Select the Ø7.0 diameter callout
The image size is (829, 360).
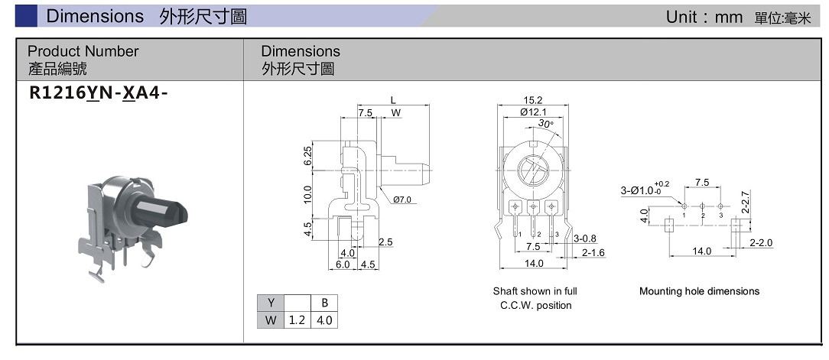point(403,200)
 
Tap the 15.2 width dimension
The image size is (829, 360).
point(533,100)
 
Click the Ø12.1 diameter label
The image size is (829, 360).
point(533,112)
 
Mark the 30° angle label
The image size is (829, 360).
point(545,124)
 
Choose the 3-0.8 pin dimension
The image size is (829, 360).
point(585,239)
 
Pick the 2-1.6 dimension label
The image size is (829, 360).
point(593,252)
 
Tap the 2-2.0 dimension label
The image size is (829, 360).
point(761,243)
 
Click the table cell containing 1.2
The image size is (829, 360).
point(297,320)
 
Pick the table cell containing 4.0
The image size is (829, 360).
point(324,320)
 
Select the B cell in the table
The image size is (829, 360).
point(324,303)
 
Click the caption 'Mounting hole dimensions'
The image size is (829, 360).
point(699,291)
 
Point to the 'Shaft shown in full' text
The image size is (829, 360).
point(535,291)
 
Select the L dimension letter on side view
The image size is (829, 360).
point(393,100)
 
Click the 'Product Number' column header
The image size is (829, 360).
point(83,51)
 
